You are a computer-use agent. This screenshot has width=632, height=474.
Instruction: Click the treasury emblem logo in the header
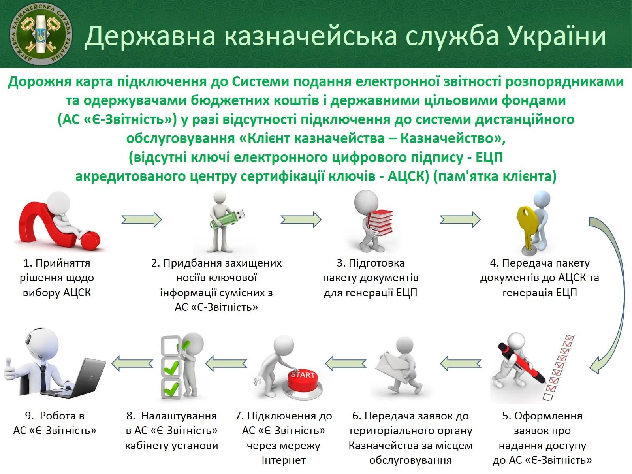[41, 34]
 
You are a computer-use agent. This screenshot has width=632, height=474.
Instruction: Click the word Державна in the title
[150, 36]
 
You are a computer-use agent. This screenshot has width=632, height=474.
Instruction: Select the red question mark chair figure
[59, 225]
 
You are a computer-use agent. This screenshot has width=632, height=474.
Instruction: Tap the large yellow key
[527, 225]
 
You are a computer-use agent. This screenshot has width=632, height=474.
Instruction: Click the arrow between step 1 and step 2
[141, 219]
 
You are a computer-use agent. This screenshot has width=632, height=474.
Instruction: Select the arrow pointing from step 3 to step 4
[460, 219]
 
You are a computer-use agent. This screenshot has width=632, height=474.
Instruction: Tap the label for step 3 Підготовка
[371, 263]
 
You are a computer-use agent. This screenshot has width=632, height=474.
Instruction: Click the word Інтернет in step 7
[283, 460]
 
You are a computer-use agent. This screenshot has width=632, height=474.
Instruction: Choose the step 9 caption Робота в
[55, 416]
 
